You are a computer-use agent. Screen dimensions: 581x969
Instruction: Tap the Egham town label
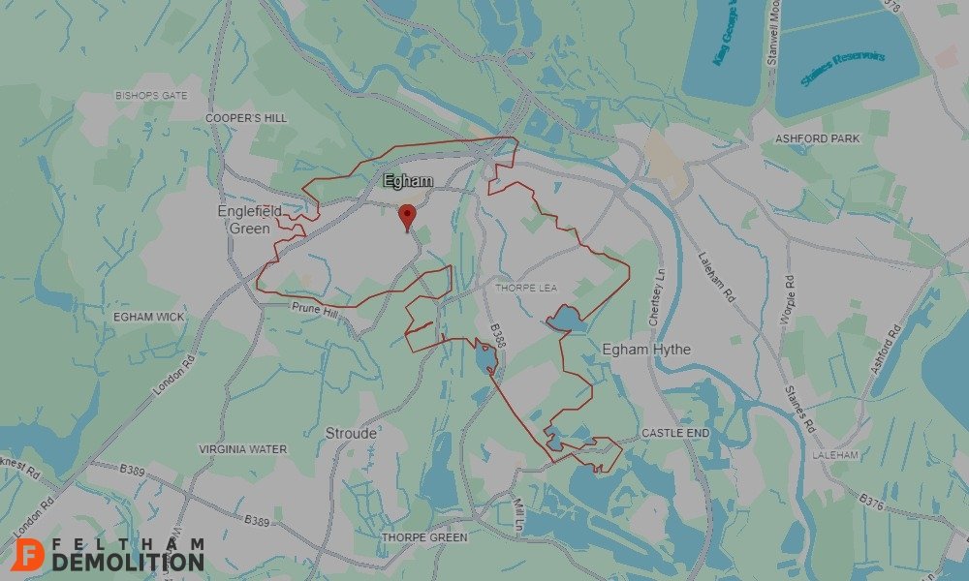408,181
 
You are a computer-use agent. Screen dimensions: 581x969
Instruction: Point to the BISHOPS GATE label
151,96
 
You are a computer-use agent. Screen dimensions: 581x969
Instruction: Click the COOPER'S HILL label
246,117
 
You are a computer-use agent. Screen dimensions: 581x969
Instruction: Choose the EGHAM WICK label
148,317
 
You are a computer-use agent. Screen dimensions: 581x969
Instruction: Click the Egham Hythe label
646,349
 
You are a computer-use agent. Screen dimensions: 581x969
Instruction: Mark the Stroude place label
351,433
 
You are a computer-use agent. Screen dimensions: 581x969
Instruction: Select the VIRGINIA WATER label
242,449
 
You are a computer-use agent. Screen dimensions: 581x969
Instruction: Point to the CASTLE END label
675,433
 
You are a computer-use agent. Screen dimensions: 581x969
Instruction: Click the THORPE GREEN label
424,536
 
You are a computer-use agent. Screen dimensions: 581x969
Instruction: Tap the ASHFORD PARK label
817,138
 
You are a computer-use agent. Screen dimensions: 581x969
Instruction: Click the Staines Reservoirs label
843,70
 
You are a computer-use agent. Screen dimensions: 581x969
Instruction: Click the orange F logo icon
32,553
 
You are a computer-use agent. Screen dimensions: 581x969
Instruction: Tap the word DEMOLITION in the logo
129,562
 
